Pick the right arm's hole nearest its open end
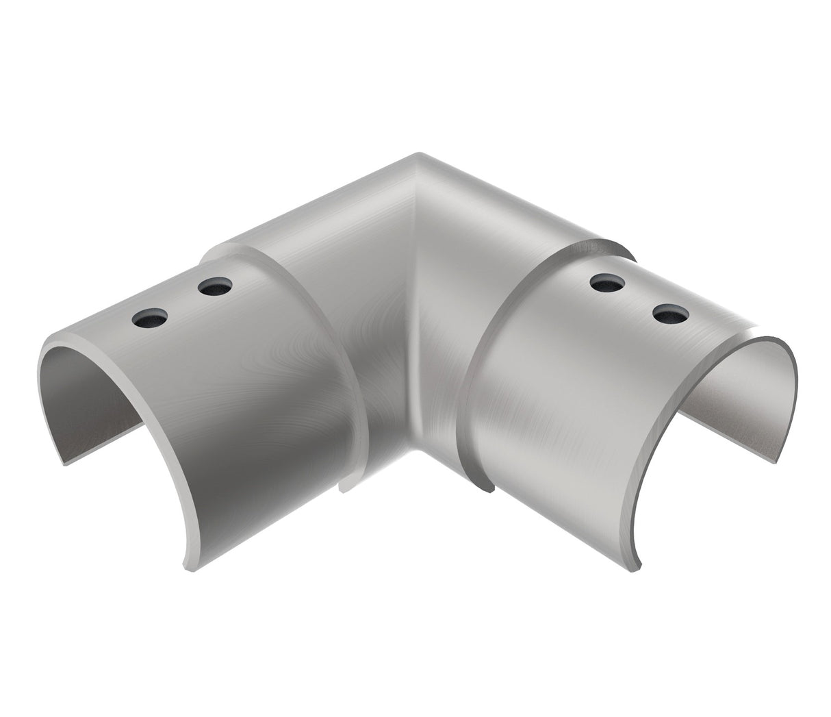(x=669, y=314)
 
